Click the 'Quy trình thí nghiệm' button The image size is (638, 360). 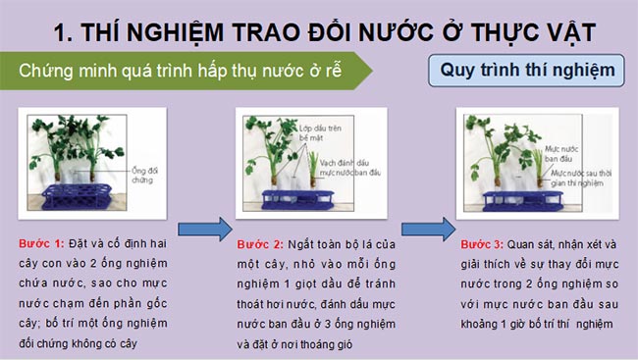(528, 72)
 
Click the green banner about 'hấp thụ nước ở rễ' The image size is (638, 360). (186, 73)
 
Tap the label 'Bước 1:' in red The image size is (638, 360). (40, 243)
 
